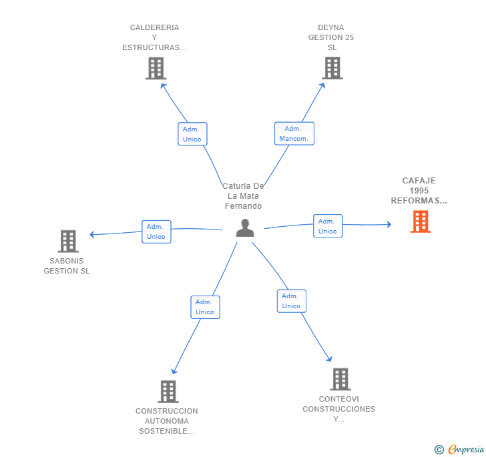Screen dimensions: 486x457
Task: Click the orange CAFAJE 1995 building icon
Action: [421, 221]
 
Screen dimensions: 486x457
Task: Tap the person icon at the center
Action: [245, 228]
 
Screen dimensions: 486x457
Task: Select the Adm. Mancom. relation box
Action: [294, 133]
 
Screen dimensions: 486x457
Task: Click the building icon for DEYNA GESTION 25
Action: [332, 68]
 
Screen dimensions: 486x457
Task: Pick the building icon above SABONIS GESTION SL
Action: [68, 241]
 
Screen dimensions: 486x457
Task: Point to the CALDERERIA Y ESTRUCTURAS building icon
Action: [156, 68]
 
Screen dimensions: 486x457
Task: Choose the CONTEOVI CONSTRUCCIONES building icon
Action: [340, 379]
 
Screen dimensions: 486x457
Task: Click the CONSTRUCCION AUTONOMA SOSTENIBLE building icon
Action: [168, 392]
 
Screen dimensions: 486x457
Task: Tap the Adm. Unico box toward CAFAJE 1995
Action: [328, 226]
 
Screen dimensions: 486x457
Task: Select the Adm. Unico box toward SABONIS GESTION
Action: [156, 232]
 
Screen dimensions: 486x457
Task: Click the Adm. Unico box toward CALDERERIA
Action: [192, 134]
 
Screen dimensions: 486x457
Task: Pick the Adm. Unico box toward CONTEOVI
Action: [291, 301]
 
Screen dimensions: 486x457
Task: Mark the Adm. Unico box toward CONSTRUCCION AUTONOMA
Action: [205, 307]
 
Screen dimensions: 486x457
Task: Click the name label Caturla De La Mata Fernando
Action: [243, 196]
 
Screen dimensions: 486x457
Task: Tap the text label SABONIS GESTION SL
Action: [67, 266]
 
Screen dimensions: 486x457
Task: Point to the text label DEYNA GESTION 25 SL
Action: [331, 37]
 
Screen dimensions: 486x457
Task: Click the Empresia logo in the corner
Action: [459, 450]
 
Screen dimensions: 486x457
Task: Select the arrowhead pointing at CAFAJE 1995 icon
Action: [389, 224]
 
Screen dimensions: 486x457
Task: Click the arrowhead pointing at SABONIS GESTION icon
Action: [91, 235]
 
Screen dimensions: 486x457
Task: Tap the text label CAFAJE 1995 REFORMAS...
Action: [419, 191]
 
